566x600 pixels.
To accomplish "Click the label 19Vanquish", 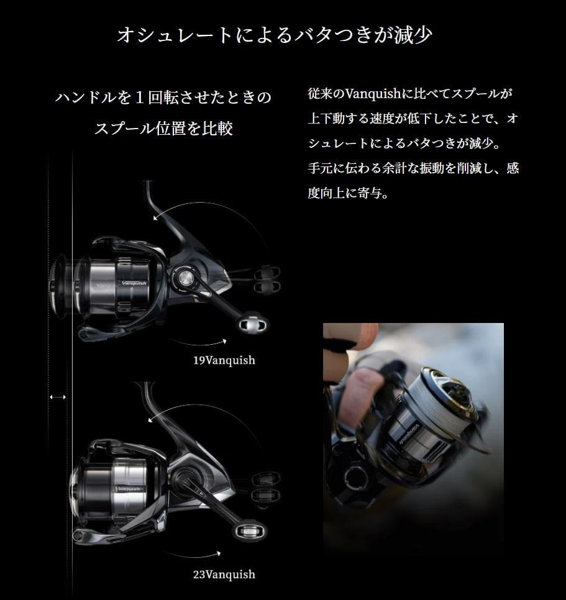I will coord(224,360).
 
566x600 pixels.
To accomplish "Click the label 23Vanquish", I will coord(224,575).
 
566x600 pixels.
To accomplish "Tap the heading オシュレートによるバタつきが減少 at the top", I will coord(275,35).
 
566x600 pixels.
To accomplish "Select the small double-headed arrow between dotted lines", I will coord(58,396).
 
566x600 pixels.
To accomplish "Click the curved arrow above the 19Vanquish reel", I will coord(186,208).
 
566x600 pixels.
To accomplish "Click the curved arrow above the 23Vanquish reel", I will coord(186,413).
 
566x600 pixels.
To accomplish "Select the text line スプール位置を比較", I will coord(163,129).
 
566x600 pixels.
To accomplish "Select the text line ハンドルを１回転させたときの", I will coord(163,98).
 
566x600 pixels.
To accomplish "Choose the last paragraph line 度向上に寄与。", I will coord(348,193).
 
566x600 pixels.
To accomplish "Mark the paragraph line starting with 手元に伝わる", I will coord(413,168).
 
